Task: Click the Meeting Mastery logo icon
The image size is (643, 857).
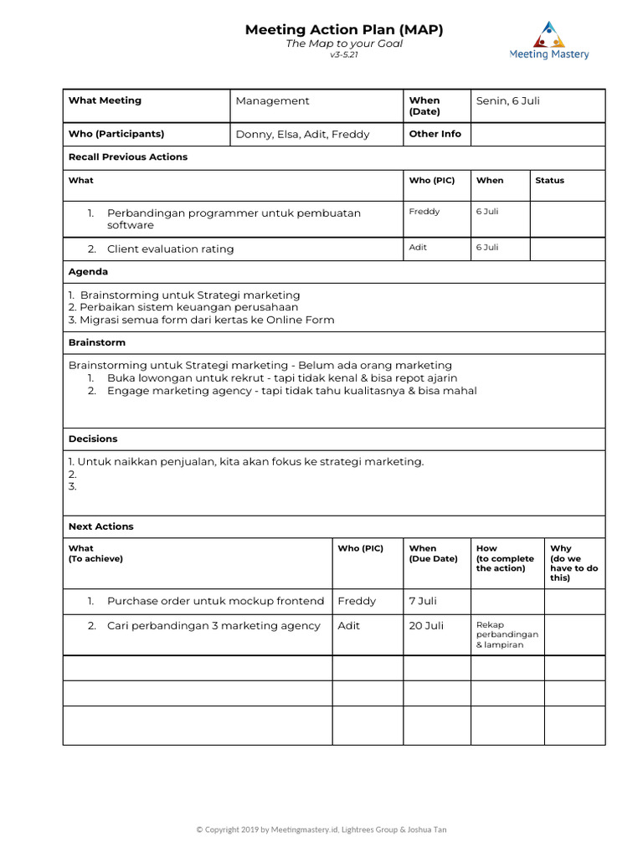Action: tap(549, 33)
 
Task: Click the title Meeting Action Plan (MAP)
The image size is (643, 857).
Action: tap(344, 30)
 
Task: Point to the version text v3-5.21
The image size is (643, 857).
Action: tap(344, 54)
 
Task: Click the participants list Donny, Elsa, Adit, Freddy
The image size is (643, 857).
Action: tap(302, 134)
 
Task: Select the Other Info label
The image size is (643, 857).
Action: tap(435, 134)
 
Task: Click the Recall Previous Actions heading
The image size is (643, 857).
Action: tap(128, 157)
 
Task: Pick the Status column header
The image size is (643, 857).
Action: tap(549, 181)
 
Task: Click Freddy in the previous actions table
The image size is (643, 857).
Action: tap(424, 212)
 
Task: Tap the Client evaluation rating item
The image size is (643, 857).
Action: tap(170, 249)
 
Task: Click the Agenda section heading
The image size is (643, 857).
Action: tap(88, 272)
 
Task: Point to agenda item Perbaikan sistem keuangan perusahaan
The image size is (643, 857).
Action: tap(183, 307)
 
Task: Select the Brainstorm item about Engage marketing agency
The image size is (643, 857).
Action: tap(291, 391)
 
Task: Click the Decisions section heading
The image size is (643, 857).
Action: tap(93, 439)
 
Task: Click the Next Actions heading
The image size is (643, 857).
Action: tap(100, 526)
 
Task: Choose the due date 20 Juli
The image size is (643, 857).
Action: tap(426, 626)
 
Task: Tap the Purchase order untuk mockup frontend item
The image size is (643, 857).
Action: tap(215, 602)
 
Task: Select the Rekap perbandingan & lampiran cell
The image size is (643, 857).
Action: tap(507, 635)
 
